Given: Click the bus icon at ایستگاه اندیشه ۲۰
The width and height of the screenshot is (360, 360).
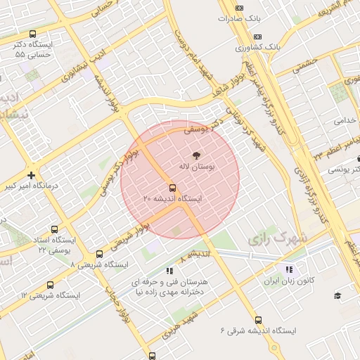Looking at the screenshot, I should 172,188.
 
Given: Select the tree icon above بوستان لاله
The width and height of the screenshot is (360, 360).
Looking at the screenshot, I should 195,155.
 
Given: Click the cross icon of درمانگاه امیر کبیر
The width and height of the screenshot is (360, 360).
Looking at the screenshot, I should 31,175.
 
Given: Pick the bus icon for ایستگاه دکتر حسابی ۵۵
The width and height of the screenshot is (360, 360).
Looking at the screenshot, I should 33,33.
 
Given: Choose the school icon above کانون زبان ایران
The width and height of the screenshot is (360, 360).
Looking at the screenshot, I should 288,270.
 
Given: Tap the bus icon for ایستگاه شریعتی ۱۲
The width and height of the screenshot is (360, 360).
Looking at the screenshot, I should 50,285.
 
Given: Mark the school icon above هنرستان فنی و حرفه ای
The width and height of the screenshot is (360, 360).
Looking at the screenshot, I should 169,270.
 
